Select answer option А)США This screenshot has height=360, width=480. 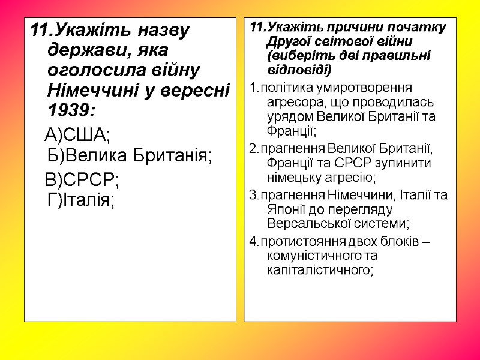[78, 134]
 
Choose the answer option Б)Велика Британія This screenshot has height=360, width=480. [130, 155]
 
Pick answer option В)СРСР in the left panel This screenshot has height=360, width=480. [82, 179]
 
